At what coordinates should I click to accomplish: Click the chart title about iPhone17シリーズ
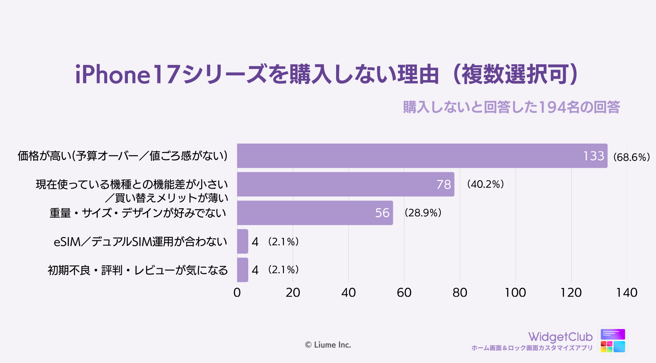[326, 74]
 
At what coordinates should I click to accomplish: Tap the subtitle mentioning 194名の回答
[511, 107]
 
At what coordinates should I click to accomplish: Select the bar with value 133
[422, 156]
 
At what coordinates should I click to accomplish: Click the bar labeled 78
[345, 184]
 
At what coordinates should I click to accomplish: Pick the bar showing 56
[315, 213]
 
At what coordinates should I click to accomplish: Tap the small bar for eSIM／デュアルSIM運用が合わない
[243, 242]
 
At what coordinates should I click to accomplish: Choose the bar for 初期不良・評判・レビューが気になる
[243, 270]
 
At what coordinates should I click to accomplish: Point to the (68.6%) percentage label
[631, 157]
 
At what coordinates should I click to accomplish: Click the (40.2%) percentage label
[485, 184]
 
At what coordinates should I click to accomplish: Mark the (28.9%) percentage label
[423, 213]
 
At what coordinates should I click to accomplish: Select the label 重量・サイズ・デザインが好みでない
[138, 213]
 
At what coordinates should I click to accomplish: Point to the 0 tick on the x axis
[237, 293]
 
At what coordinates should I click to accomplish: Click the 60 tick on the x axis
[404, 293]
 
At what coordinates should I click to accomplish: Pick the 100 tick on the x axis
[515, 293]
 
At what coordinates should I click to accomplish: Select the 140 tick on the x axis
[627, 293]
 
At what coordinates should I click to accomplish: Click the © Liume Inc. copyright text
[328, 345]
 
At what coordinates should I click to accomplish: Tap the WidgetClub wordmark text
[560, 337]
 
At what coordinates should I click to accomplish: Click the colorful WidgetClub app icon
[613, 341]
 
